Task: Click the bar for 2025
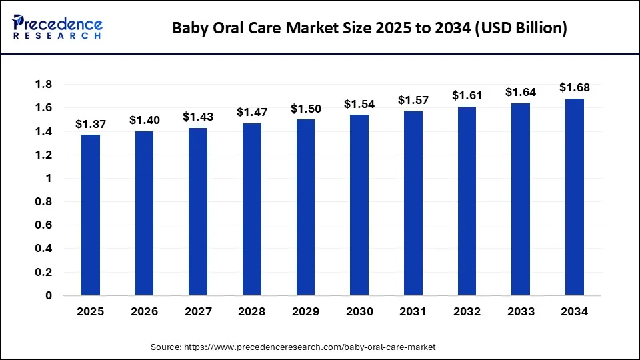(x=90, y=215)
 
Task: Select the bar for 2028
(x=251, y=209)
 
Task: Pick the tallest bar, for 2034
(x=574, y=197)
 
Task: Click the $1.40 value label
(x=144, y=120)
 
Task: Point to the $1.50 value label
(x=305, y=109)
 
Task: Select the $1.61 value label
(x=467, y=95)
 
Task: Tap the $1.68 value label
(x=574, y=87)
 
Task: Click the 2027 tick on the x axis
(x=197, y=311)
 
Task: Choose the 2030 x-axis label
(x=359, y=311)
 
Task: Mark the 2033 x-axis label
(x=520, y=311)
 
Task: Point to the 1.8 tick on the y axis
(x=44, y=85)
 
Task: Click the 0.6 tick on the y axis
(x=44, y=225)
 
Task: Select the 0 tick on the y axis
(x=49, y=295)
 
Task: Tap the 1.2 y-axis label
(x=44, y=155)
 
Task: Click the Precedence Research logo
(x=57, y=27)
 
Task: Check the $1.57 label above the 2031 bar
(x=413, y=100)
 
